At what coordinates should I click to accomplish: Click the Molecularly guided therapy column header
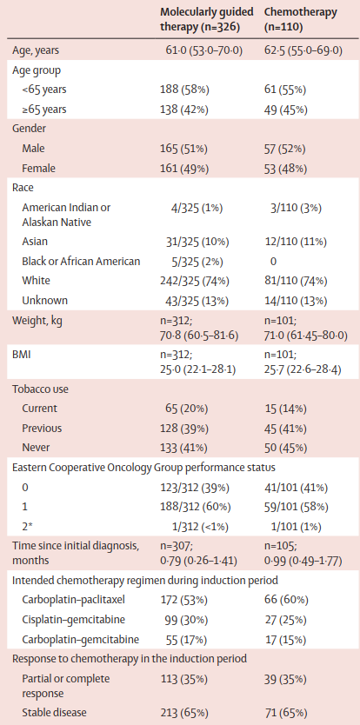point(207,19)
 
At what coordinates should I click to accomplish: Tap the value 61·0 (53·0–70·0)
point(204,50)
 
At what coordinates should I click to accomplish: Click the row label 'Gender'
point(28,130)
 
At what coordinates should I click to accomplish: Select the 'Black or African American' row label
point(81,262)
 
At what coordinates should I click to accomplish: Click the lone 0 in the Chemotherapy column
point(273,262)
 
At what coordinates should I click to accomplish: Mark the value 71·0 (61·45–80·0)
point(305,336)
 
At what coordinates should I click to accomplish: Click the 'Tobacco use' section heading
point(40,389)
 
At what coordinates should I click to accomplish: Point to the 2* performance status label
point(26,526)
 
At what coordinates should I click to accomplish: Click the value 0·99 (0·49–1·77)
point(303,562)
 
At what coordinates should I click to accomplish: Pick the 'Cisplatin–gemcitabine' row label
point(68,620)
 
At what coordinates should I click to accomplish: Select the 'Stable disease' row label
point(54,712)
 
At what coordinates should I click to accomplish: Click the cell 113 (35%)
point(183,679)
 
